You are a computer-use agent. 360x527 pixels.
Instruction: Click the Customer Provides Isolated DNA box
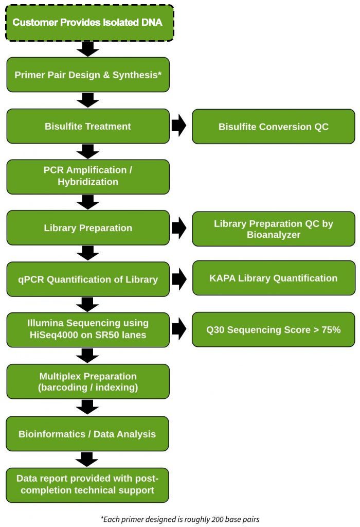[x=87, y=23]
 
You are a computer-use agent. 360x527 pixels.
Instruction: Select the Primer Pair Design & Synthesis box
[x=87, y=75]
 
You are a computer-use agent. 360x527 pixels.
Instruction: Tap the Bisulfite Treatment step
[x=87, y=126]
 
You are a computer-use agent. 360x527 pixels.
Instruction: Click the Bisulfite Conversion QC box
[x=273, y=127]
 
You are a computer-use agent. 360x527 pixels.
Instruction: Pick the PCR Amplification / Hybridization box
[x=87, y=176]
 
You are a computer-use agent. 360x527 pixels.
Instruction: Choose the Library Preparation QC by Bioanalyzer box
[x=273, y=229]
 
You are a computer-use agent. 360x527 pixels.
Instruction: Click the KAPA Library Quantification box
[x=273, y=278]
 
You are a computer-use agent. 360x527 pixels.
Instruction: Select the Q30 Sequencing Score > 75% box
[x=273, y=329]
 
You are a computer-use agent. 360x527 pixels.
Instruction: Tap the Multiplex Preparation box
[x=87, y=381]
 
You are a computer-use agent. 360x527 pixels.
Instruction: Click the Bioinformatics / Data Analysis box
[x=87, y=434]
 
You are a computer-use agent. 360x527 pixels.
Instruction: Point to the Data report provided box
[x=87, y=484]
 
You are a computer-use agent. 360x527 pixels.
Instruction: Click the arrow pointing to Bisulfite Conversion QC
[x=179, y=126]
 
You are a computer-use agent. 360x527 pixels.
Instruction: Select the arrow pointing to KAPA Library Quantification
[x=179, y=278]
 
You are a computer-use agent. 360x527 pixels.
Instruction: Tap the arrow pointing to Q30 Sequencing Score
[x=179, y=329]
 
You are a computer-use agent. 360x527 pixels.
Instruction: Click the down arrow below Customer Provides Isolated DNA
[x=88, y=49]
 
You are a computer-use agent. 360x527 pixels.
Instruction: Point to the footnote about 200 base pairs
[x=180, y=519]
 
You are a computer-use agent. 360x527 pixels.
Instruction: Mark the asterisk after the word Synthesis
[x=160, y=74]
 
